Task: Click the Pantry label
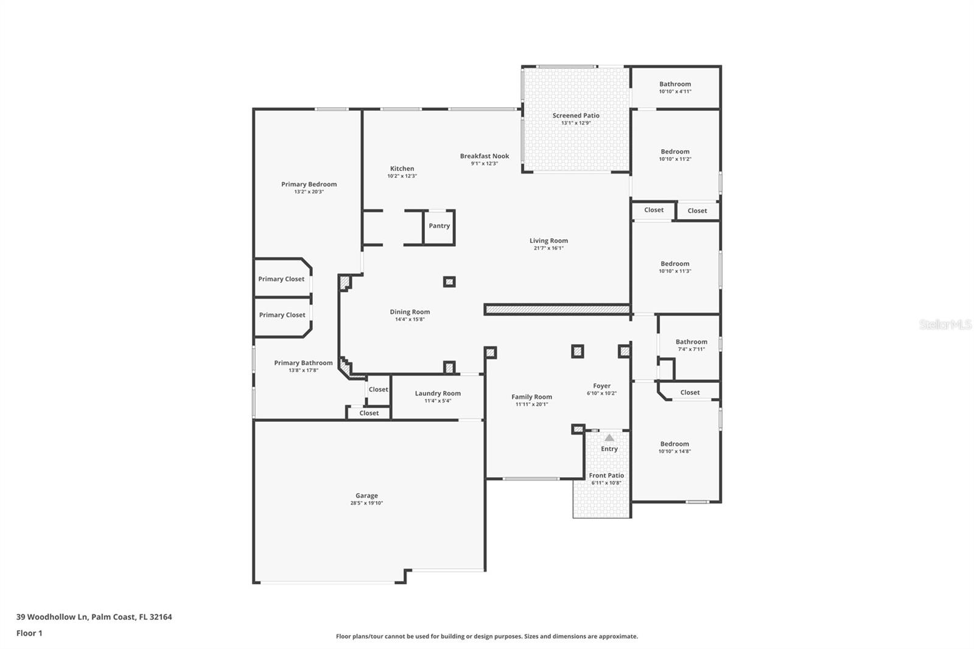pos(439,226)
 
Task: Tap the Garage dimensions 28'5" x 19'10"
pos(366,503)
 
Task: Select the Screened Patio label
pos(576,116)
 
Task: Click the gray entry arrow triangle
pos(609,438)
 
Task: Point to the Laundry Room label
pos(438,393)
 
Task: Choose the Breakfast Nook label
pos(485,156)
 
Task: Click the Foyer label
pos(601,386)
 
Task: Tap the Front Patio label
pos(606,475)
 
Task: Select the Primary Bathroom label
pos(303,363)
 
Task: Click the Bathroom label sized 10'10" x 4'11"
pos(675,85)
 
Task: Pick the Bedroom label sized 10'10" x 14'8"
pos(674,444)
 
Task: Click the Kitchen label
pos(402,169)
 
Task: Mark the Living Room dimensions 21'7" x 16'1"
pos(548,248)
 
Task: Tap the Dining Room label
pos(410,312)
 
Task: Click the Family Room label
pos(531,397)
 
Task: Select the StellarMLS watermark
pos(945,325)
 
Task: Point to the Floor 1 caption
pos(29,633)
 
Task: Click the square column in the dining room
pos(449,282)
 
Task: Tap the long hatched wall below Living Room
pos(557,310)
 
